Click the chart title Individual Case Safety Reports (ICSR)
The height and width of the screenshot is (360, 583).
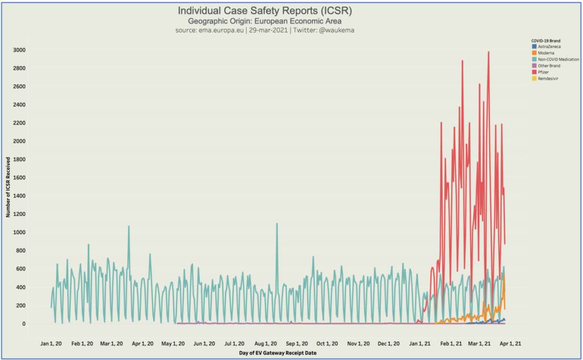(265, 11)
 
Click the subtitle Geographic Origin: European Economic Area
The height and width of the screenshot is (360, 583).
(265, 21)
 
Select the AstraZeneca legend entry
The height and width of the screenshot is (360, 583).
(550, 46)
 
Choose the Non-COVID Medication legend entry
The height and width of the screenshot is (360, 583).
(559, 59)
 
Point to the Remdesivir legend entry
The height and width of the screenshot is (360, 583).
(548, 79)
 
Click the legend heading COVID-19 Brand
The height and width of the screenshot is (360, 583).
(546, 40)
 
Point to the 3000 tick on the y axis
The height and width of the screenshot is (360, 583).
(19, 50)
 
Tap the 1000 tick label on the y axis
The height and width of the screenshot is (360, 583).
(19, 232)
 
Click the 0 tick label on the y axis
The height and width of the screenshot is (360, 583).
(24, 324)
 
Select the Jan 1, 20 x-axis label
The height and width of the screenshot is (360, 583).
(52, 343)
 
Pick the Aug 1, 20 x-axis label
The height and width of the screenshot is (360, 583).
(266, 343)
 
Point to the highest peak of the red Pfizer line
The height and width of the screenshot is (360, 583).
(488, 52)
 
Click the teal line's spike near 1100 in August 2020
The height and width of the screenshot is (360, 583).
(277, 224)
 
